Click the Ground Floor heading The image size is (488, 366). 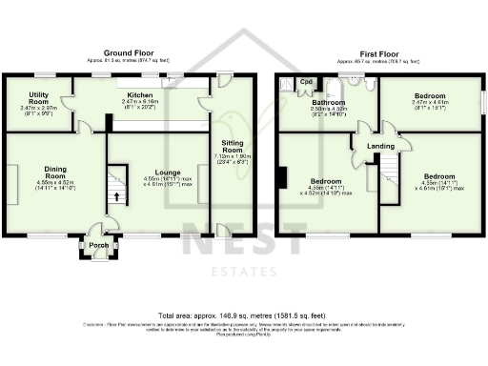[129, 54]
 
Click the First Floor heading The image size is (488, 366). [379, 54]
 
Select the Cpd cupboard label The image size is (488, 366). [306, 82]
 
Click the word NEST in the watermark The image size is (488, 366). [245, 244]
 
